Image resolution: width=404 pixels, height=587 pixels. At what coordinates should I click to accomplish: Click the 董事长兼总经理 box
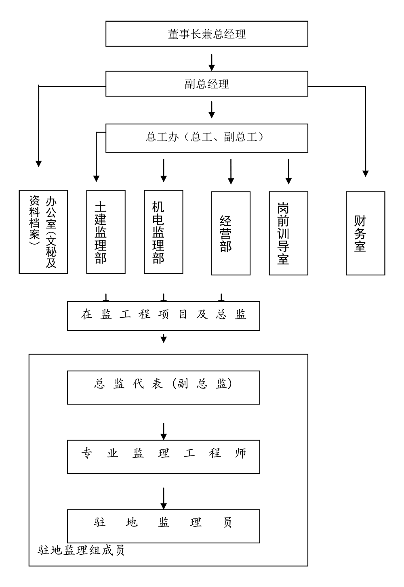[x=206, y=34]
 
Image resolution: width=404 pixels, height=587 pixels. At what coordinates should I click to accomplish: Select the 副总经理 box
[x=206, y=84]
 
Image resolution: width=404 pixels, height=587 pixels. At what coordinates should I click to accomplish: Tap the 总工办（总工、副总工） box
[x=206, y=138]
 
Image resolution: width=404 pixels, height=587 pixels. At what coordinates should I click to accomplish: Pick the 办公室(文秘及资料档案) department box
[x=43, y=232]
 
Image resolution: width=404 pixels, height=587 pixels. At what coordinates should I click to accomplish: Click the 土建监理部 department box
[x=106, y=232]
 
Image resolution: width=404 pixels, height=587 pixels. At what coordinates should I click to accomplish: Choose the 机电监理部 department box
[x=164, y=232]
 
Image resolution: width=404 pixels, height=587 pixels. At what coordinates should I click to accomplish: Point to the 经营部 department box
[x=231, y=233]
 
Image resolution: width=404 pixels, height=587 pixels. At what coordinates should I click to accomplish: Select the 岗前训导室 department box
[x=288, y=233]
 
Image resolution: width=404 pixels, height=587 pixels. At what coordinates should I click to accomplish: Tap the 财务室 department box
[x=365, y=233]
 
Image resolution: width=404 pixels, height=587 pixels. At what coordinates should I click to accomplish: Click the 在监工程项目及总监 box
[x=163, y=315]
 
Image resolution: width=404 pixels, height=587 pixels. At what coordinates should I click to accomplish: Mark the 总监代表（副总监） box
[x=163, y=388]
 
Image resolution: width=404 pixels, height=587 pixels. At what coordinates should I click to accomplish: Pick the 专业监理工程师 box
[x=163, y=457]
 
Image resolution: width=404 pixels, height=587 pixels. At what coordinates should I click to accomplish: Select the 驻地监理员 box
[x=163, y=526]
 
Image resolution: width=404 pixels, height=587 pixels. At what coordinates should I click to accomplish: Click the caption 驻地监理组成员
[x=81, y=550]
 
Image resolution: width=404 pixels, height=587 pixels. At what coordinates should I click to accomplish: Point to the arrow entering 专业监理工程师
[x=163, y=431]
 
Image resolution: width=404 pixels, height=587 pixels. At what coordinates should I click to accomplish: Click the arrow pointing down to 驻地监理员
[x=163, y=499]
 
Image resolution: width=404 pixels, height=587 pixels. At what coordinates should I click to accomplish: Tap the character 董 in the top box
[x=174, y=34]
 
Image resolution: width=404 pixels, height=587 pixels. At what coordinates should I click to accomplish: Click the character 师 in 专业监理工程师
[x=241, y=453]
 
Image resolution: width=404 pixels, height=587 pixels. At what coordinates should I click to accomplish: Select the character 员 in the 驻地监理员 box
[x=228, y=523]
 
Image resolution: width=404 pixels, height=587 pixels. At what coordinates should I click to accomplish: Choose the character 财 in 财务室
[x=360, y=221]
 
